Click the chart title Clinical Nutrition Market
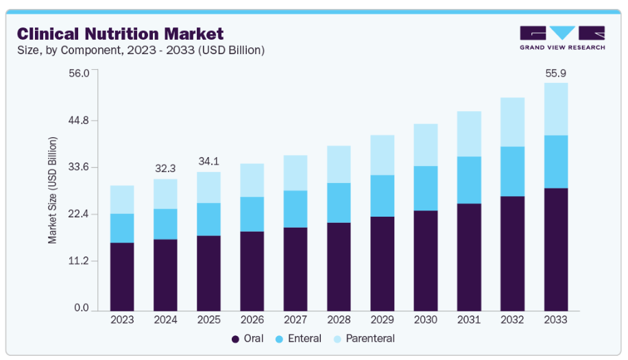point(120,33)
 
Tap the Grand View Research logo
point(561,38)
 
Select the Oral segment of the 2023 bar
point(122,276)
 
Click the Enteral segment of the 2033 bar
point(556,162)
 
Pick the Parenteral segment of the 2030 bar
point(426,145)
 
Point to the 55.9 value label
point(556,73)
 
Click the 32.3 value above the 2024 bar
point(166,168)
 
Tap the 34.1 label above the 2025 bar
point(209,161)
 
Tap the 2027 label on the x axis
point(295,320)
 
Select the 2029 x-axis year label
point(383,320)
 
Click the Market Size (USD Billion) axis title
point(53,191)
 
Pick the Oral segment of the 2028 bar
point(339,265)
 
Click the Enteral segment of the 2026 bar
point(252,214)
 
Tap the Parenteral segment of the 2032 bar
point(513,122)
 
